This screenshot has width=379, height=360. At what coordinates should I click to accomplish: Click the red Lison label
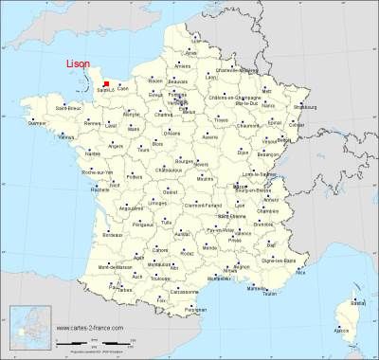pos(77,63)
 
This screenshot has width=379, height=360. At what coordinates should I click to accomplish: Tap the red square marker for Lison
pos(106,83)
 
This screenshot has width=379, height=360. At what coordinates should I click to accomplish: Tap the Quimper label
pos(37,123)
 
